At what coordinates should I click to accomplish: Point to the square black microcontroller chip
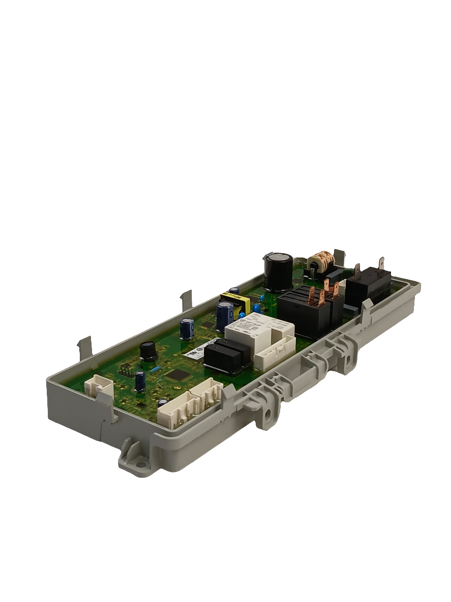coord(175,375)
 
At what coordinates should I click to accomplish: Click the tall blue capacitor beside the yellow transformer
coord(225,316)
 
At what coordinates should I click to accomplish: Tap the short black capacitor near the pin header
coord(148,350)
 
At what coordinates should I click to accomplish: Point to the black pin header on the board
coord(124,371)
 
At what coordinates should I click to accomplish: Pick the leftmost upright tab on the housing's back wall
coord(84,348)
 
